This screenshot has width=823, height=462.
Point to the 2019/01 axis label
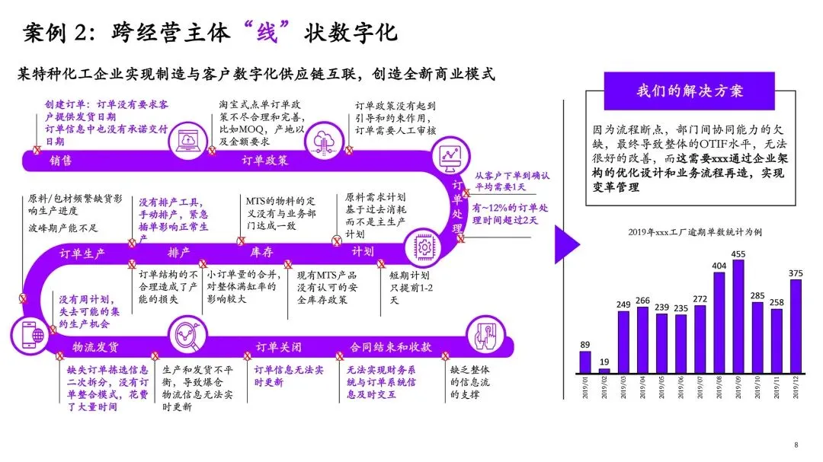point(585,388)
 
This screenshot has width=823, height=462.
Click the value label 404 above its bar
point(719,266)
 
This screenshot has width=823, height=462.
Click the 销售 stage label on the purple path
point(61,161)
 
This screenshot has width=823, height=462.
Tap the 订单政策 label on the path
point(264,161)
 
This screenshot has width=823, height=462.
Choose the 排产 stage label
point(178,252)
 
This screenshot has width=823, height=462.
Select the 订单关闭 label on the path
point(278,348)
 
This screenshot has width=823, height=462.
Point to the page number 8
point(796,445)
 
